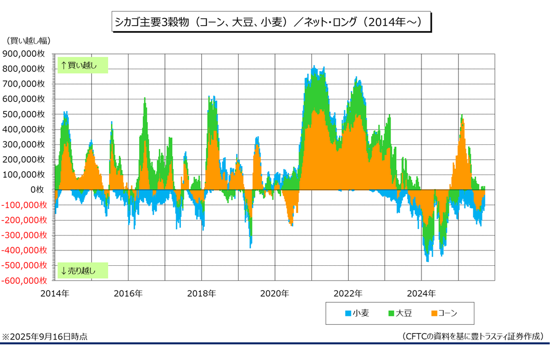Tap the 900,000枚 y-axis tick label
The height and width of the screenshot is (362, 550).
click(25, 53)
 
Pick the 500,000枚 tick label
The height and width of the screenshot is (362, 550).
click(25, 114)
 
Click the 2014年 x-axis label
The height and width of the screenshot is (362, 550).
click(55, 293)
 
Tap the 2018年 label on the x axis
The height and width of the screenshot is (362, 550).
click(201, 293)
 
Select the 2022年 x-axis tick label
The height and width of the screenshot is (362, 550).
click(348, 293)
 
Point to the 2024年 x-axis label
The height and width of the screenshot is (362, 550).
click(421, 293)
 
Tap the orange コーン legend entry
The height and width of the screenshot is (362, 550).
click(443, 313)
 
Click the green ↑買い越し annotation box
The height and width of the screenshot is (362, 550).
click(82, 65)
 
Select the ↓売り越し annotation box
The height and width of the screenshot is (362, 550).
click(82, 270)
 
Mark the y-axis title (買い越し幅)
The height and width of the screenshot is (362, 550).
click(29, 40)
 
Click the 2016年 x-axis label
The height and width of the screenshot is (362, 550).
click(128, 293)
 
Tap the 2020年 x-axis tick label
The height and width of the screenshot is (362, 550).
click(275, 293)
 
